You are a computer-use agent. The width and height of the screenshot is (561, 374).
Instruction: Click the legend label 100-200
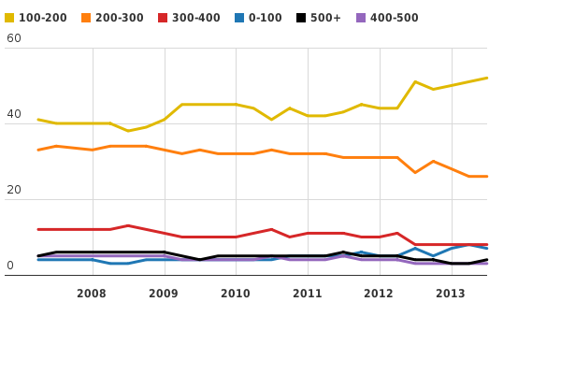coord(42,18)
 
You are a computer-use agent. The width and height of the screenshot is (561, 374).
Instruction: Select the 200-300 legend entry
coord(119,18)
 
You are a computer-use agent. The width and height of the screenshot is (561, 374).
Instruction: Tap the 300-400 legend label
coord(195,18)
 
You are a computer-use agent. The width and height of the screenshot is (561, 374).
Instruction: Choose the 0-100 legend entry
coord(266,18)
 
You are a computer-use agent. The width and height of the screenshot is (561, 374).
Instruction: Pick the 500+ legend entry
coord(326,18)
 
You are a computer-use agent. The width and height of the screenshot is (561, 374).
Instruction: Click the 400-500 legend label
coord(394,18)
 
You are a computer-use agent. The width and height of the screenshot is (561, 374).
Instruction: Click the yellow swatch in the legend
coord(9,18)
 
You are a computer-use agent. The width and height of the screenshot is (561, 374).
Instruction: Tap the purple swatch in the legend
coord(361,18)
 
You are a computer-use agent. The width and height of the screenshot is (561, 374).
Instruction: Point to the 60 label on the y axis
coord(13,38)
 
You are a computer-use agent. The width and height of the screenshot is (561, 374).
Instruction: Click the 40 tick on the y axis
coord(13,114)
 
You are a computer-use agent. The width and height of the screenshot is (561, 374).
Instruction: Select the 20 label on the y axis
coord(13,190)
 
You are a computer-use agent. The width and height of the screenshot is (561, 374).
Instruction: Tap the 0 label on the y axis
coord(9,266)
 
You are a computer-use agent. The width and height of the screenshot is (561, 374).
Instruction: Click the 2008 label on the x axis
coord(92,294)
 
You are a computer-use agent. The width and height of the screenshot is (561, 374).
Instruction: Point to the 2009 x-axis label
coord(164,294)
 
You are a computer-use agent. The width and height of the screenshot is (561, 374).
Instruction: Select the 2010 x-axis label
coord(236,294)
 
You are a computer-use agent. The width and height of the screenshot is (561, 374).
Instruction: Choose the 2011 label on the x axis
coord(308,294)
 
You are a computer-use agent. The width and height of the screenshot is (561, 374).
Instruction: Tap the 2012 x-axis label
coord(379,294)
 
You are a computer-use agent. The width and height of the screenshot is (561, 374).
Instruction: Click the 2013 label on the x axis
coord(451,294)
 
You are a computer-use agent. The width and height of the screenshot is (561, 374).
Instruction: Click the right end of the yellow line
coord(487,78)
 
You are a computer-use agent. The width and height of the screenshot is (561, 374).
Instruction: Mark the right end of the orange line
coord(487,176)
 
